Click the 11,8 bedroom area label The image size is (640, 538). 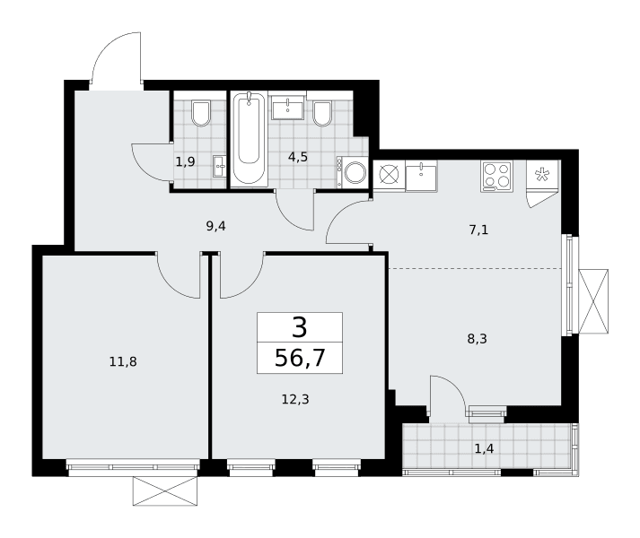[x=123, y=361]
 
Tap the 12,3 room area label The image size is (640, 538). [x=295, y=399]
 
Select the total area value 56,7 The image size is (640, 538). [x=300, y=358]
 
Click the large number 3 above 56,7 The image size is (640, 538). [x=300, y=327]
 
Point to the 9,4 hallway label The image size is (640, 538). [x=215, y=226]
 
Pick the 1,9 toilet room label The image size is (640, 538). [x=185, y=162]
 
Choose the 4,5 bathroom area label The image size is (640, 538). [x=297, y=157]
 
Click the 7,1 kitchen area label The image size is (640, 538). [x=478, y=230]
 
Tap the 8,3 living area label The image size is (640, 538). [x=478, y=339]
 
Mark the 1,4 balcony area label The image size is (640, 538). [x=484, y=448]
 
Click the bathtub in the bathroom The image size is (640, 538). [x=249, y=139]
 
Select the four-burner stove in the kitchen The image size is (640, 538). [x=496, y=177]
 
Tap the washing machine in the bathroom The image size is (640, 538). [x=352, y=172]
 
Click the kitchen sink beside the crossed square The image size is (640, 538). [x=421, y=176]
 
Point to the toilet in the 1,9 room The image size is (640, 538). [x=201, y=113]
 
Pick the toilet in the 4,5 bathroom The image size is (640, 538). [x=322, y=113]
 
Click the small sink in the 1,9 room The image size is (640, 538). [x=219, y=167]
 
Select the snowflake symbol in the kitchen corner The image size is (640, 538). [x=542, y=175]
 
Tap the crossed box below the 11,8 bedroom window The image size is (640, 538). [x=165, y=491]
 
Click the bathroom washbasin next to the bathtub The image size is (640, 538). [x=288, y=108]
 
